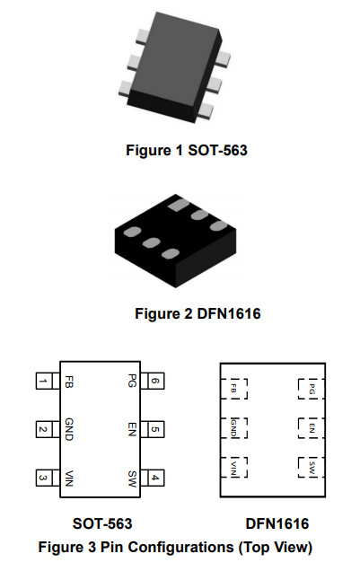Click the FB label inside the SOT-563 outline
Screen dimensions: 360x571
pos(68,382)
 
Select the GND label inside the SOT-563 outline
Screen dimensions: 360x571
pos(69,429)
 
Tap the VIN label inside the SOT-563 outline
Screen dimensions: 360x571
pos(69,479)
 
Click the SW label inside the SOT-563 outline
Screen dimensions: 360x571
pos(132,479)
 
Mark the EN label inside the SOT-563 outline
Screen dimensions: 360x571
pos(132,429)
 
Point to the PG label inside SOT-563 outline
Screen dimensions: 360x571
pos(132,381)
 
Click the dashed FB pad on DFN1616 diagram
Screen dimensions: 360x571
pos(234,389)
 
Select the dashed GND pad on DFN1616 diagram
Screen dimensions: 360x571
pos(234,428)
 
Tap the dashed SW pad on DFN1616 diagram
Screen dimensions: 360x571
pos(312,467)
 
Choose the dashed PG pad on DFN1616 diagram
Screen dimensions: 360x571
pos(312,389)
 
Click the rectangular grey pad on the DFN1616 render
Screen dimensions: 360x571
pos(179,205)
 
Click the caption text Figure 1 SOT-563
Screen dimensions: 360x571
pos(187,150)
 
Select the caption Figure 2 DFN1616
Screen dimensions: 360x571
pos(198,313)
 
